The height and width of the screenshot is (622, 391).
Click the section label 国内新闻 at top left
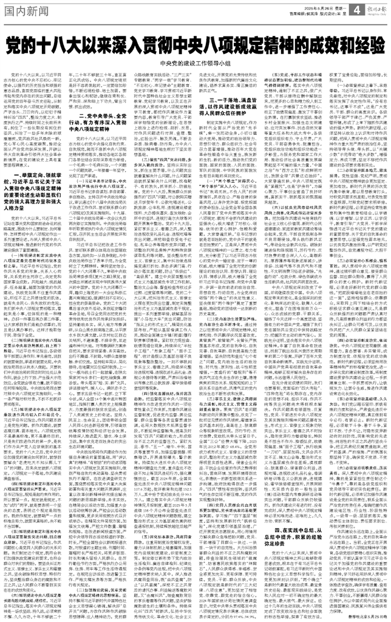click(29, 9)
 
